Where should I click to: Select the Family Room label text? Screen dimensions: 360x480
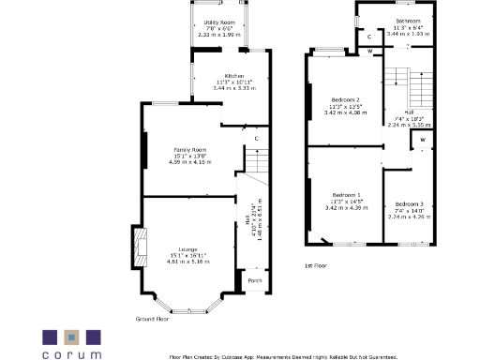coord(188,149)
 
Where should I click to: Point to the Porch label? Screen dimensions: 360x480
coord(254,279)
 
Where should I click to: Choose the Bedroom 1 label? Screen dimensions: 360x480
coord(345,194)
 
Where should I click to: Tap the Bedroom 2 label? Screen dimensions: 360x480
coord(345,98)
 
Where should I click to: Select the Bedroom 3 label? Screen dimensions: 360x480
coord(409,204)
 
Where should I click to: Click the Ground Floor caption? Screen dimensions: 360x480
coord(157,319)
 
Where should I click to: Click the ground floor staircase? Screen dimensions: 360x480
coord(257,170)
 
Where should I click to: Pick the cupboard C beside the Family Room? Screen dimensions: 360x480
coord(256,138)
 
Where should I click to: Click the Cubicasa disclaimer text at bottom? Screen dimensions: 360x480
coord(282,356)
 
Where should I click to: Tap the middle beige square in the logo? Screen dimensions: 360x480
coord(70,336)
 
